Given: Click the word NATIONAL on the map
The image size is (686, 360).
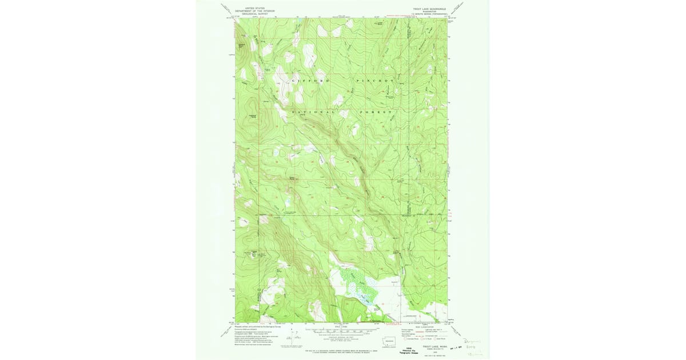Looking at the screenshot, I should (x=313, y=113).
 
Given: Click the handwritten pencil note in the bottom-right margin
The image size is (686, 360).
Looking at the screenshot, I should (x=475, y=346).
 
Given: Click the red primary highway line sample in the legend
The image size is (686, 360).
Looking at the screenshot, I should (x=416, y=330).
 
